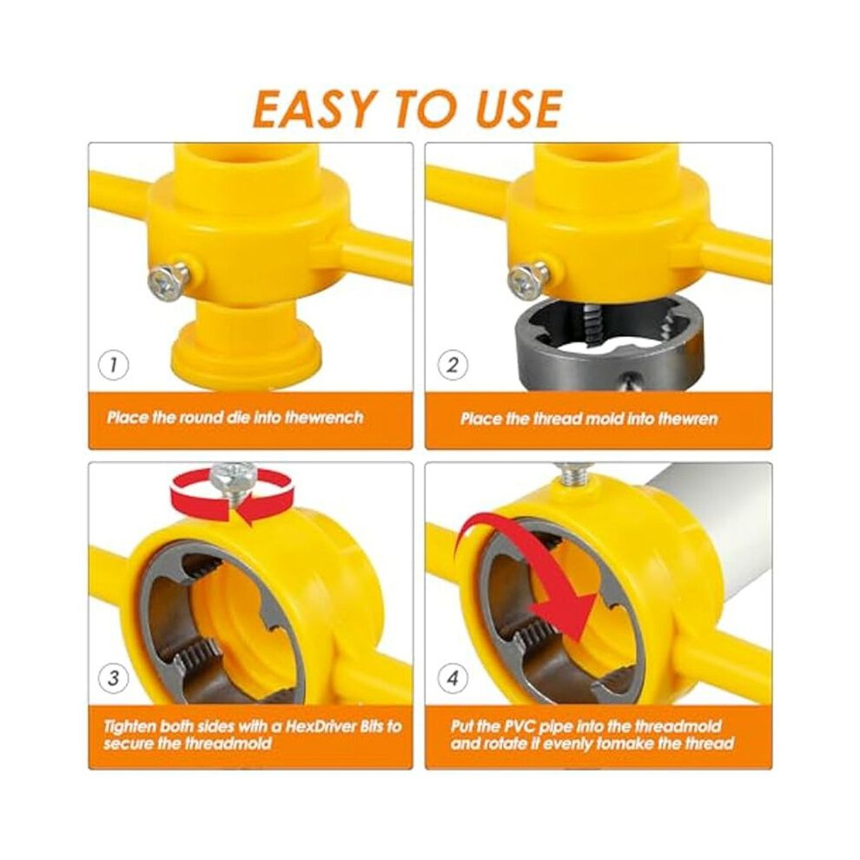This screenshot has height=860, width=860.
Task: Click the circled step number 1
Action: [x=113, y=365]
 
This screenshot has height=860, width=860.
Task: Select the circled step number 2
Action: [x=452, y=365]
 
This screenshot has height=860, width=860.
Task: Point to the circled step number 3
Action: [x=113, y=679]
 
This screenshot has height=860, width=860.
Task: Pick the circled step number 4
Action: [x=452, y=679]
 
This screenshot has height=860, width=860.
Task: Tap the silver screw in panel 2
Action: [x=527, y=280]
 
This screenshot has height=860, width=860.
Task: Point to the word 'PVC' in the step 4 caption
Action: [x=520, y=727]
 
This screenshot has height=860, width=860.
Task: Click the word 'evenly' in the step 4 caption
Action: [x=567, y=744]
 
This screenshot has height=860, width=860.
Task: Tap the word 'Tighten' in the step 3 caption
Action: [x=130, y=727]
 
